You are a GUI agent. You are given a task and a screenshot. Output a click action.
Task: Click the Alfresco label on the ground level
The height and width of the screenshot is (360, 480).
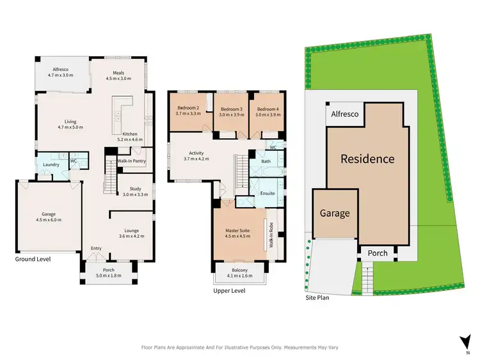[x=61, y=69]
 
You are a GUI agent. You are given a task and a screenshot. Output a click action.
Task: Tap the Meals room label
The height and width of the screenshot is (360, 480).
[x=118, y=73]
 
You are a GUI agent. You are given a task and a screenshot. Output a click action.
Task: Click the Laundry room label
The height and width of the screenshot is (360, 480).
[x=51, y=165]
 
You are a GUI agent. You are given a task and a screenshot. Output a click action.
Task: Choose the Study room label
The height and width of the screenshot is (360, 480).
[x=135, y=188]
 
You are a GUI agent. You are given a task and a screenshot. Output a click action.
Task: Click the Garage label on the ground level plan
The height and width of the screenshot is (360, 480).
[x=48, y=215]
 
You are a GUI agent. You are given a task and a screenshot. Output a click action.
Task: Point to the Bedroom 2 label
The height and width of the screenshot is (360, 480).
[x=189, y=108]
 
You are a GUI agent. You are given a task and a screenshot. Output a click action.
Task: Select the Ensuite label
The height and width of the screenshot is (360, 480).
[x=267, y=193]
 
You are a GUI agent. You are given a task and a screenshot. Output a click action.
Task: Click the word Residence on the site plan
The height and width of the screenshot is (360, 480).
[x=367, y=158]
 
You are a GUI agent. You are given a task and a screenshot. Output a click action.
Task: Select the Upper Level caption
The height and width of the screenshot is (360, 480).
[x=229, y=291]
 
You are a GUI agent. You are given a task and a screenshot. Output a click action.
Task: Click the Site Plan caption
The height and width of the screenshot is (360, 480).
[x=317, y=297]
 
